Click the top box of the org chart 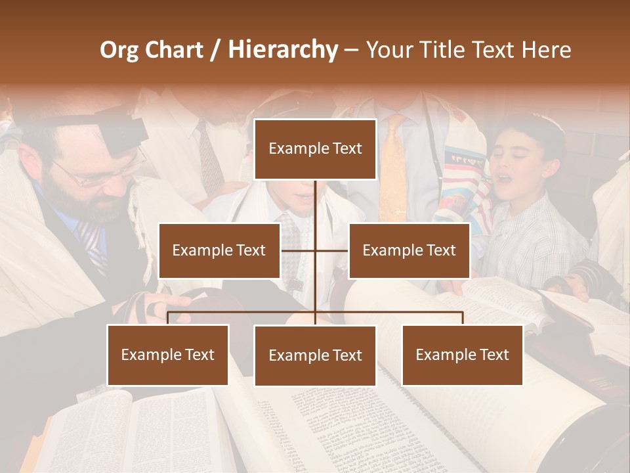coord(315,149)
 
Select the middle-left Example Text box coord(219,250)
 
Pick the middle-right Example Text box coord(409,250)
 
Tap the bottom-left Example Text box coord(168,355)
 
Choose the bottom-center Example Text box coord(315,355)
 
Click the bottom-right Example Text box coord(462,355)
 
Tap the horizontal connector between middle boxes coord(315,250)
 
